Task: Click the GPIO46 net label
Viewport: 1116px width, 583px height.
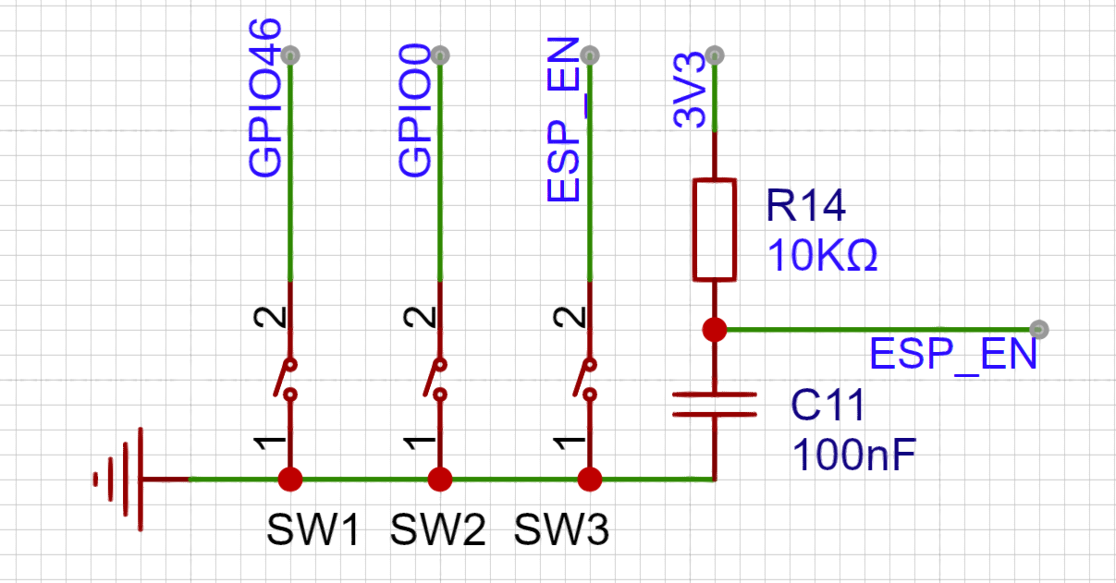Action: [x=265, y=98]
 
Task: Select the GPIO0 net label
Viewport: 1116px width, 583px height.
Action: [x=414, y=110]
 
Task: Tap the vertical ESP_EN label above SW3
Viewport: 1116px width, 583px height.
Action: [x=563, y=119]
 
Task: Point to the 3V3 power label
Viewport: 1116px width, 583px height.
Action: [x=689, y=91]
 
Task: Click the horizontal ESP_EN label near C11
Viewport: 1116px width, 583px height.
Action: [x=953, y=354]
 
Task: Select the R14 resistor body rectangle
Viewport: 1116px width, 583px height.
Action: [x=715, y=229]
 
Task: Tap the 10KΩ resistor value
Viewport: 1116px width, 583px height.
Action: [x=823, y=254]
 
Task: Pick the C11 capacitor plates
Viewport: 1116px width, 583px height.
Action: [x=715, y=405]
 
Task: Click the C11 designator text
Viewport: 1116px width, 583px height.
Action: [x=828, y=405]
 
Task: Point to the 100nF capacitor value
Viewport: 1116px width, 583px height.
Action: [x=854, y=455]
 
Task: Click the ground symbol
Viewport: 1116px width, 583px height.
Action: [x=118, y=480]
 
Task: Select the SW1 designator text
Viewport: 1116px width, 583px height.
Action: [x=313, y=529]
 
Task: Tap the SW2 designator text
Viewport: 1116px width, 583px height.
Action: [x=437, y=529]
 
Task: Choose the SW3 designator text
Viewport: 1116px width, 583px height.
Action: [x=561, y=529]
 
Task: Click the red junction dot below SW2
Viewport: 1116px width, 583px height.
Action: [x=440, y=480]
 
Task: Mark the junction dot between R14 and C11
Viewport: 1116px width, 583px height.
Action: [x=715, y=330]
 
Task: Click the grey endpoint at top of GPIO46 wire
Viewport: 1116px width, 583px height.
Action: [x=290, y=55]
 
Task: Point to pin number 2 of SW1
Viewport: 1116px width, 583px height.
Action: [x=270, y=317]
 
